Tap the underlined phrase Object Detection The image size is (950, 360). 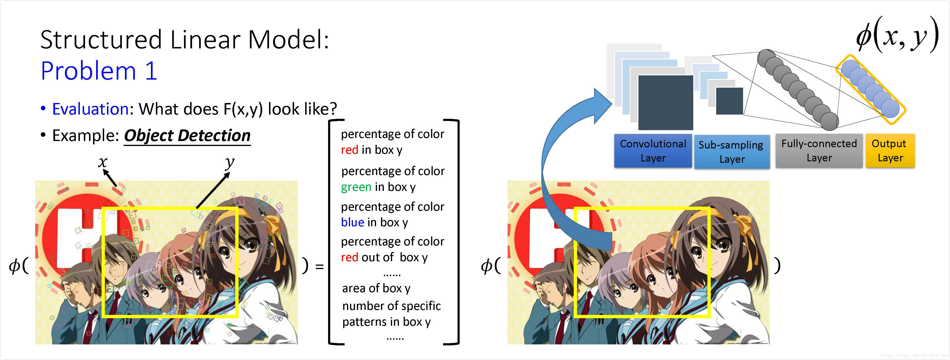[x=187, y=135]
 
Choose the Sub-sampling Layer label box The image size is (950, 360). [x=732, y=152]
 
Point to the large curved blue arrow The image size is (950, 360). [x=561, y=166]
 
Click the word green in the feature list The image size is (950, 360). [x=356, y=187]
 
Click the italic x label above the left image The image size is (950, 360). [x=103, y=162]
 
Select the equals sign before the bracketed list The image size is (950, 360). [x=319, y=266]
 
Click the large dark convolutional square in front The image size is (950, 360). [x=665, y=103]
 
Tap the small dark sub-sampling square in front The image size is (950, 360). [x=729, y=101]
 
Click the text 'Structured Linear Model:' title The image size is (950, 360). [x=184, y=39]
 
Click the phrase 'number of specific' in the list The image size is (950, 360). [x=391, y=306]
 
